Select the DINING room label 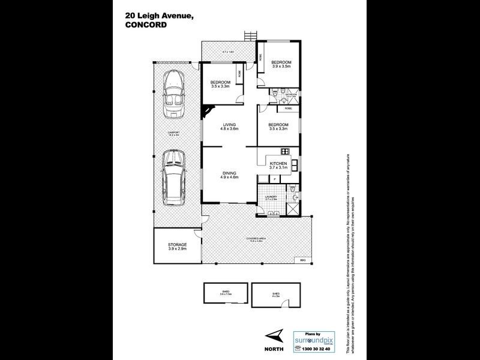tap(229, 173)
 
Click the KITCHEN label tap(279, 164)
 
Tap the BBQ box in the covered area tap(303, 259)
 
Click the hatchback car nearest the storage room tap(173, 175)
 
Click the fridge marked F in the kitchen tap(274, 178)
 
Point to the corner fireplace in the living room tap(208, 111)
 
